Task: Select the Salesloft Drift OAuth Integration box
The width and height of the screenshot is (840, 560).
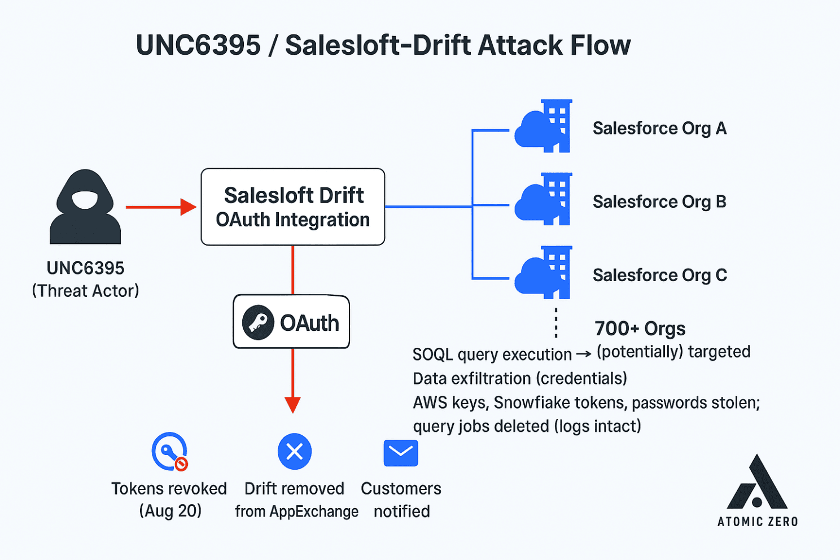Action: (x=292, y=207)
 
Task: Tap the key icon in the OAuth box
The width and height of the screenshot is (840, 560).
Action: (x=258, y=322)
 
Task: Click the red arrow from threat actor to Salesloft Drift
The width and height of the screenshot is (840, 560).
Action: (x=160, y=207)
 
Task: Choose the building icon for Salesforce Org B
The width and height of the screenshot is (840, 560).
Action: (x=544, y=200)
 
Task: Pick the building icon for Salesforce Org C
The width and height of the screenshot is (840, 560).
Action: (x=544, y=273)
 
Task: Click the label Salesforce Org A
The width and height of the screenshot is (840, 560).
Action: (x=659, y=129)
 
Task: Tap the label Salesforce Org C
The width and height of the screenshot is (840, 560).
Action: (x=659, y=275)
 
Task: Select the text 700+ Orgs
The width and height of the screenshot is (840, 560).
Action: (x=640, y=329)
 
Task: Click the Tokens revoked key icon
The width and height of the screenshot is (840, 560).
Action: (x=169, y=451)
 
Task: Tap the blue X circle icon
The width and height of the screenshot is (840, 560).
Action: (x=295, y=452)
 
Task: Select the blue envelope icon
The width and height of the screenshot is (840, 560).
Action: (x=401, y=453)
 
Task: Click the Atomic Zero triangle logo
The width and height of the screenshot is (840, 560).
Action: (x=757, y=484)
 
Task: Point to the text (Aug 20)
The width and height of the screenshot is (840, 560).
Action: (x=170, y=511)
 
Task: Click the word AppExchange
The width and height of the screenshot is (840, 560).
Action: (x=314, y=511)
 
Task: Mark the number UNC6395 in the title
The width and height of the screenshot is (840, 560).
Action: (x=198, y=45)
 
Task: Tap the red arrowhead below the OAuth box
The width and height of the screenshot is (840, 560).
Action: (x=292, y=405)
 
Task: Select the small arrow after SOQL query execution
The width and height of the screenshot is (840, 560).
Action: (x=584, y=355)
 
